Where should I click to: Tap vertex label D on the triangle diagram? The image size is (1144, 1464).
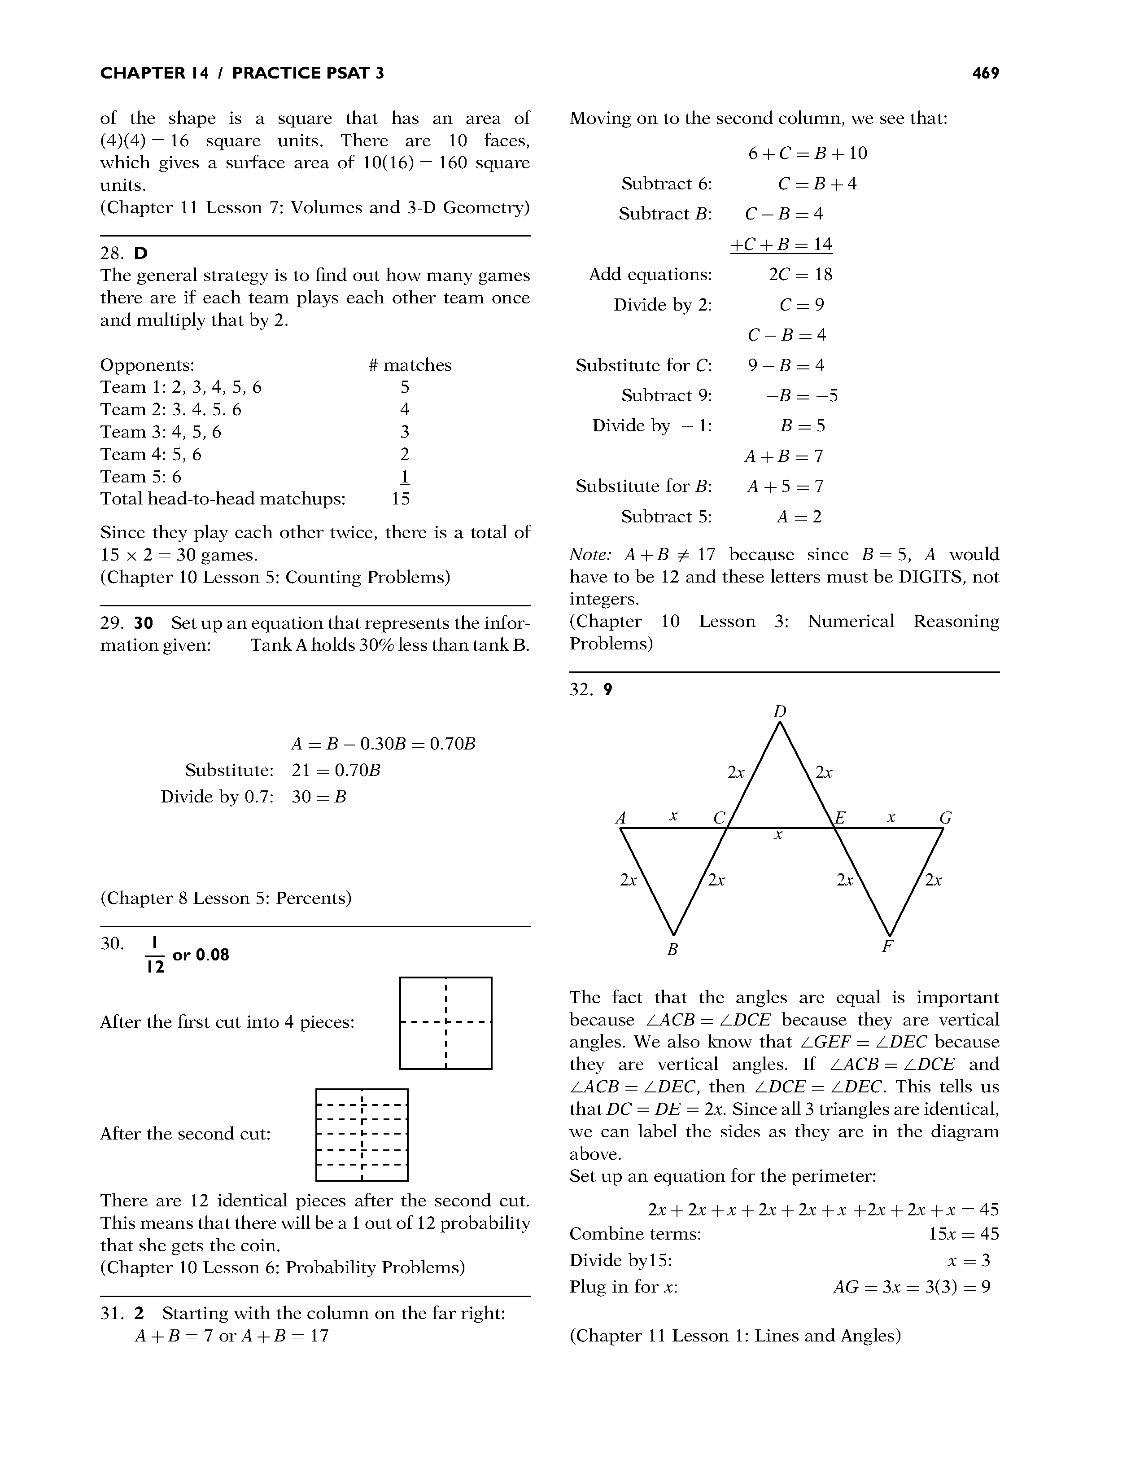[779, 711]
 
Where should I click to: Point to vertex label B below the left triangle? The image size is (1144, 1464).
[672, 949]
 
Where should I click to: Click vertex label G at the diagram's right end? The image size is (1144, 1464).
[946, 818]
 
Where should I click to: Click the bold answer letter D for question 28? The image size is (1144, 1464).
[141, 254]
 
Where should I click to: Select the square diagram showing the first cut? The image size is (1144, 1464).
[445, 1023]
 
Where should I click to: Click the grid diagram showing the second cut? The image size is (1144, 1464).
[361, 1135]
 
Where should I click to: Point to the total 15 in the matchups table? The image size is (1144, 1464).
[401, 499]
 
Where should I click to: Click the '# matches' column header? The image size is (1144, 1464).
[410, 365]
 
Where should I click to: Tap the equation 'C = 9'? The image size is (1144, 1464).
[802, 305]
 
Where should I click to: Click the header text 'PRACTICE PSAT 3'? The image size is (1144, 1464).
[308, 73]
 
